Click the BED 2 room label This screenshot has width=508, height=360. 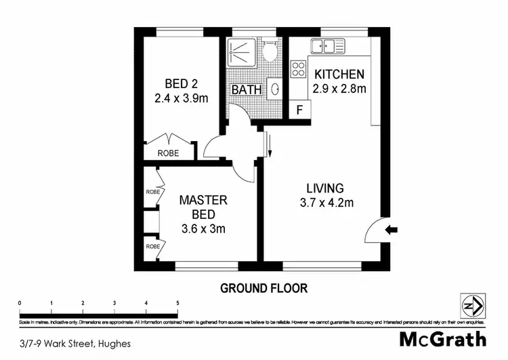[182, 84]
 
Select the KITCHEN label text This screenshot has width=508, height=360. [339, 75]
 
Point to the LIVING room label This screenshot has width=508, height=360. [325, 188]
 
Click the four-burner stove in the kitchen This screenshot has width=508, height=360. [298, 69]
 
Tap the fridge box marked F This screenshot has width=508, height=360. [299, 110]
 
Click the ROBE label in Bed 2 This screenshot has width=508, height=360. [169, 153]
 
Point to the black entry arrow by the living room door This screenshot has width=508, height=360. [391, 231]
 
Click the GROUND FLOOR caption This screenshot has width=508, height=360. [264, 288]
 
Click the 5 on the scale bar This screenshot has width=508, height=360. [177, 303]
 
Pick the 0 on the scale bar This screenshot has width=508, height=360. [20, 303]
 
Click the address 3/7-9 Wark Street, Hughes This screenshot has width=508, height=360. [75, 343]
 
